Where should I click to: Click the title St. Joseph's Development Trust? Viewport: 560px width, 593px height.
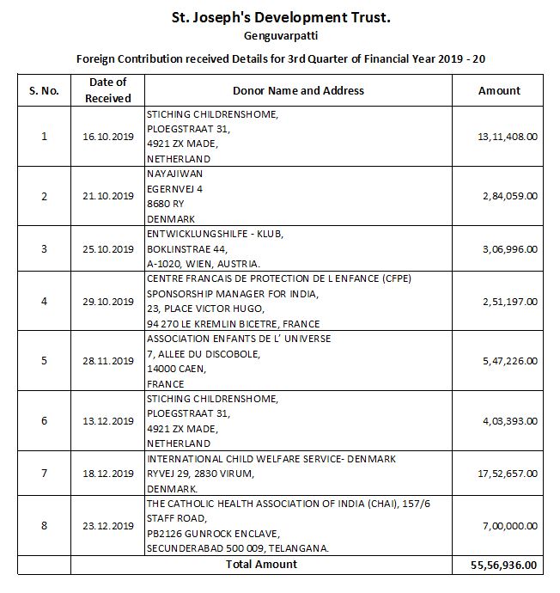tap(280, 16)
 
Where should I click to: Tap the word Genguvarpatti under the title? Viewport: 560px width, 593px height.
tap(280, 37)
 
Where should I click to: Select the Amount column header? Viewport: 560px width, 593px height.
tap(499, 90)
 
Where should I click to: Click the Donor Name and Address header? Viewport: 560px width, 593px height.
tap(298, 90)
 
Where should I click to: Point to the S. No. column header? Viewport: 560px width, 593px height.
tap(44, 90)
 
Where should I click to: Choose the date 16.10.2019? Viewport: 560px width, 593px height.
tap(108, 137)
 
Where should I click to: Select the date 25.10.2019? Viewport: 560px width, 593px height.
tap(108, 249)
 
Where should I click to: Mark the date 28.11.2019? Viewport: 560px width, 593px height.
tap(108, 361)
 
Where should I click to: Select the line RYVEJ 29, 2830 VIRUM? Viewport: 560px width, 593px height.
tap(206, 474)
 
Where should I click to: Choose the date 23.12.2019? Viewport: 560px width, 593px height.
tap(108, 526)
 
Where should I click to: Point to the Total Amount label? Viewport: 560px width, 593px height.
tap(260, 565)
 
